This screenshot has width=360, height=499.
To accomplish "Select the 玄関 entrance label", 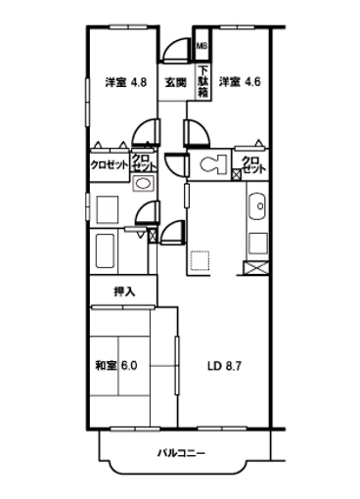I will (x=176, y=82).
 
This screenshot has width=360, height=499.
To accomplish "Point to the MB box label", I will (x=202, y=46).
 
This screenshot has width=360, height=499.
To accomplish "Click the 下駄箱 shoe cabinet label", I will (x=202, y=77).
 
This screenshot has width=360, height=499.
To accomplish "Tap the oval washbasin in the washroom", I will (x=142, y=184).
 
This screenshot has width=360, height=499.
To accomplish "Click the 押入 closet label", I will (x=123, y=291).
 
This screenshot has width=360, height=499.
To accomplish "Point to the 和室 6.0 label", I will (x=116, y=366).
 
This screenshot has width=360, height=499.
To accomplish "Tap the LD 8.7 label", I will (x=226, y=366).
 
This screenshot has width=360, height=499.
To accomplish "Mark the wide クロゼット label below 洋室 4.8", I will (x=108, y=165).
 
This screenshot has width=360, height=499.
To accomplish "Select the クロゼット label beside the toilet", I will (x=251, y=165).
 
